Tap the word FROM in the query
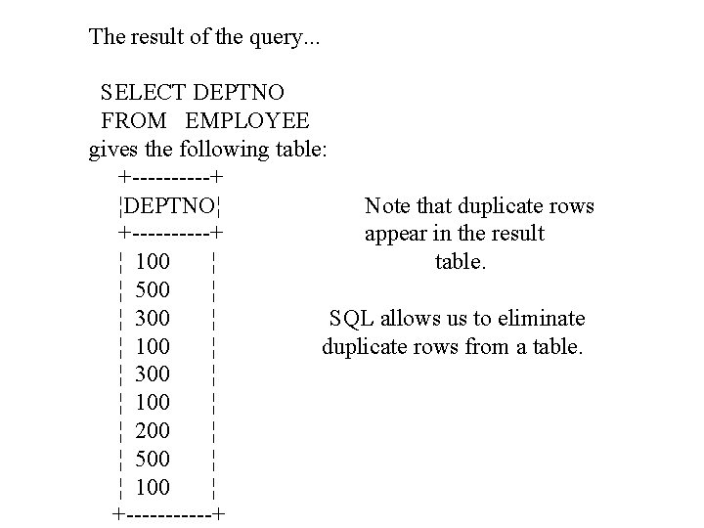pyautogui.click(x=134, y=121)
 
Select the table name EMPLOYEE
pyautogui.click(x=247, y=121)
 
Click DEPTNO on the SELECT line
pyautogui.click(x=240, y=93)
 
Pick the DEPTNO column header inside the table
pyautogui.click(x=171, y=206)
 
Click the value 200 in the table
pyautogui.click(x=154, y=430)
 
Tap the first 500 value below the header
pyautogui.click(x=154, y=290)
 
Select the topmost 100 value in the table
pyautogui.click(x=154, y=262)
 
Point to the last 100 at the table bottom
pyautogui.click(x=154, y=487)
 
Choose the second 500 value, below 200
pyautogui.click(x=154, y=459)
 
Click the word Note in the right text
pyautogui.click(x=387, y=206)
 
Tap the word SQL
pyautogui.click(x=350, y=319)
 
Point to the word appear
pyautogui.click(x=395, y=235)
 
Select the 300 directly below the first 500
pyautogui.click(x=154, y=319)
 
